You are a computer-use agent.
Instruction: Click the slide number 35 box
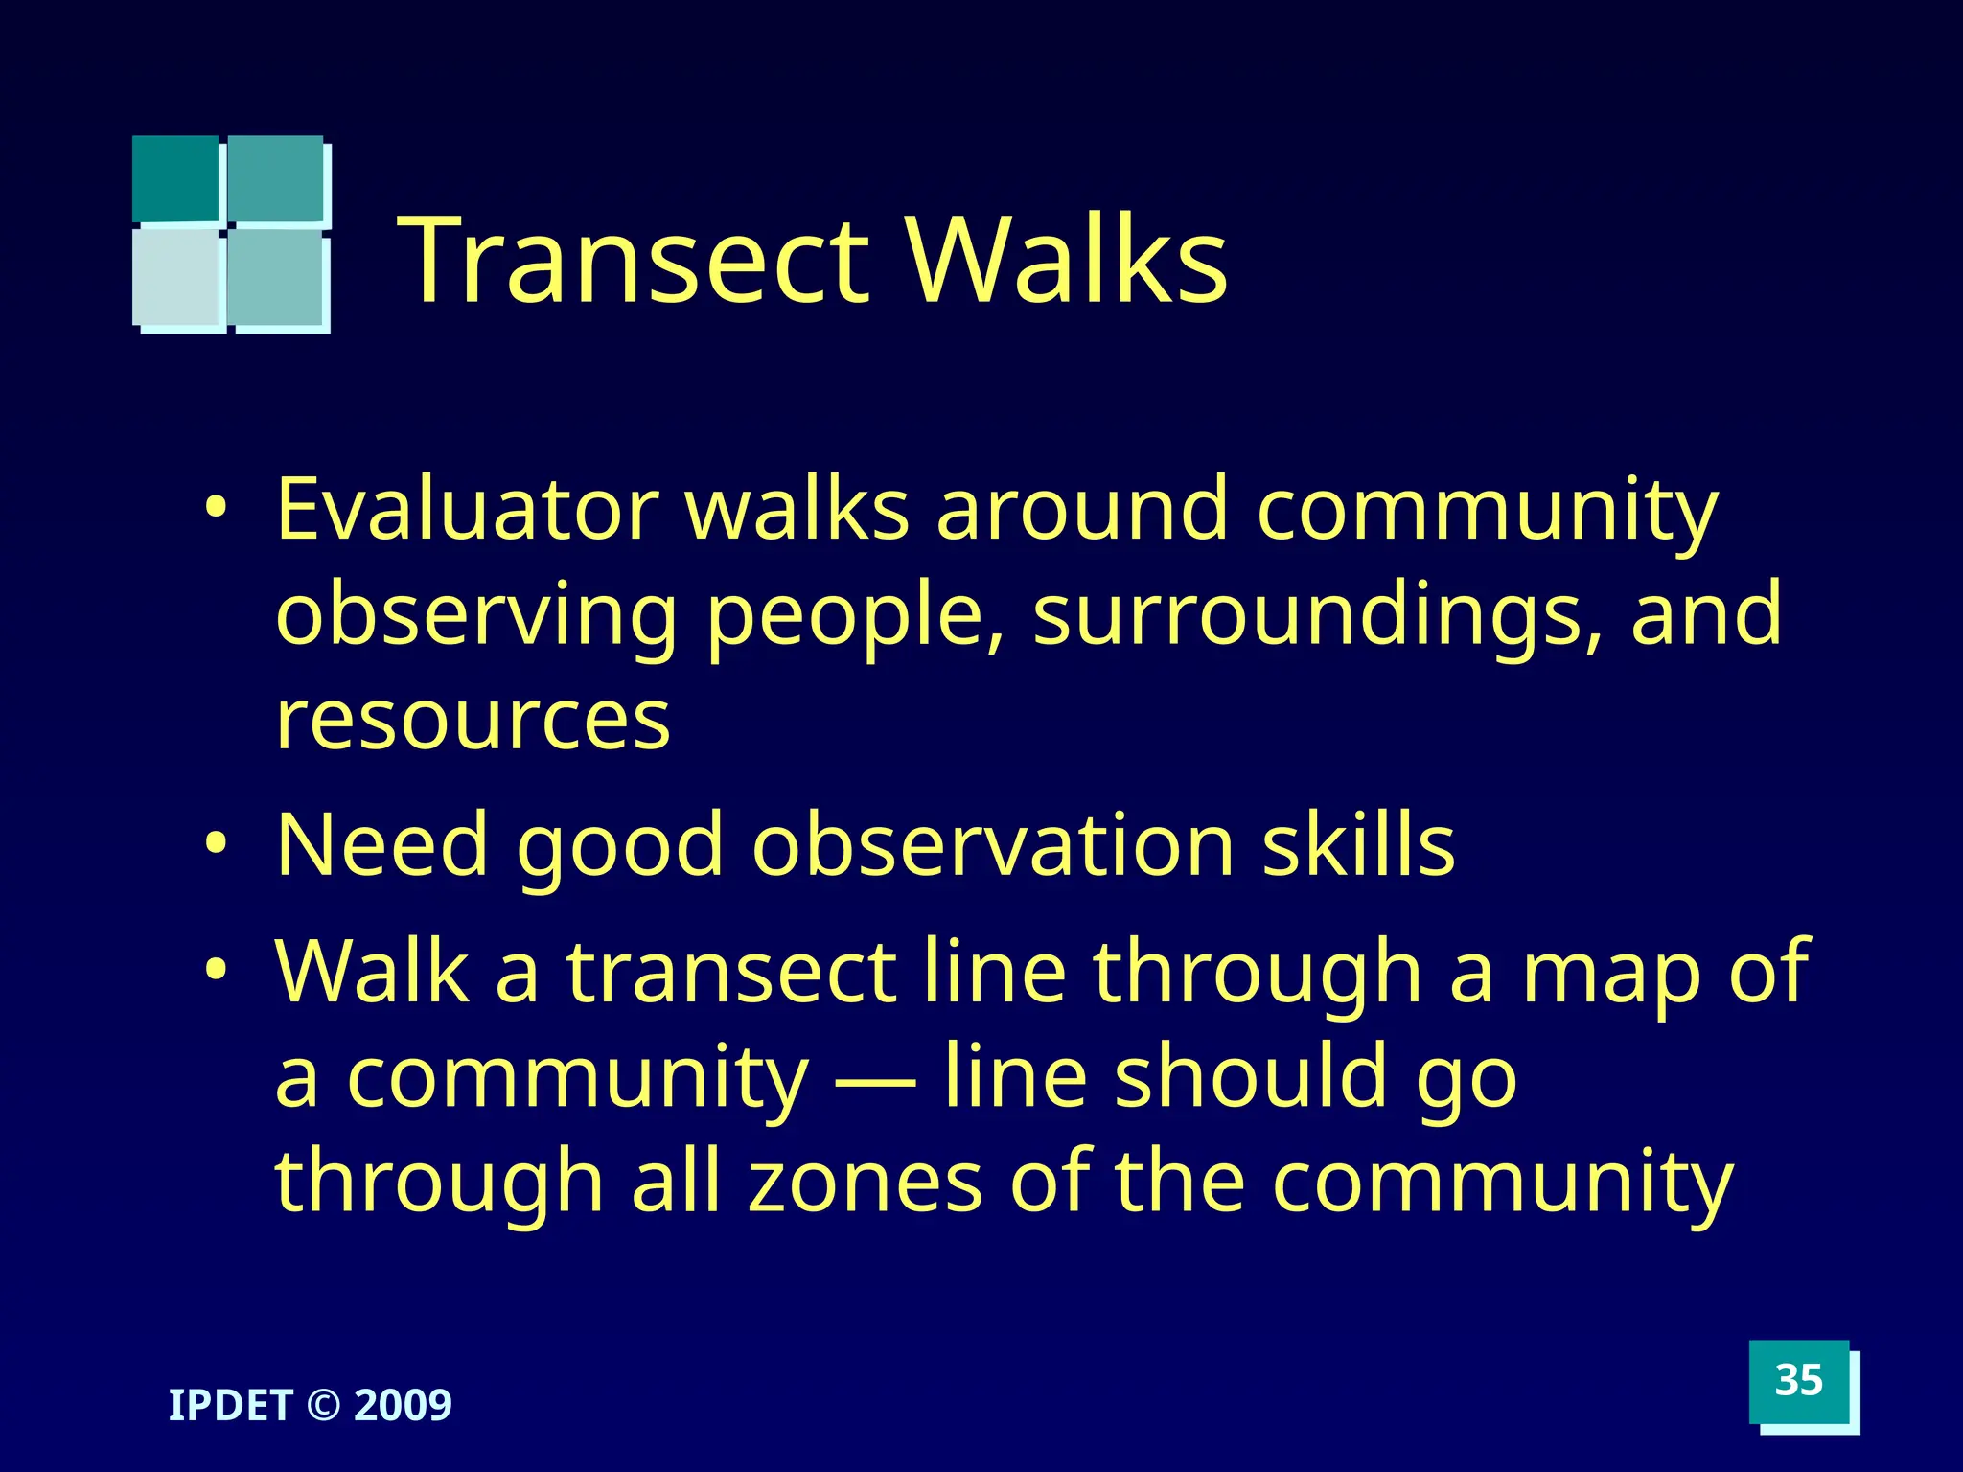(1798, 1381)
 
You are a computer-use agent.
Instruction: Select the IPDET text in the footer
(230, 1406)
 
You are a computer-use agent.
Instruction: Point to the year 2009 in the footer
(403, 1406)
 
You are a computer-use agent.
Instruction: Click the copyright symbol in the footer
(323, 1406)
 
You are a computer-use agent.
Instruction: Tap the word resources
(473, 721)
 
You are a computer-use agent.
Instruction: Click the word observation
(993, 845)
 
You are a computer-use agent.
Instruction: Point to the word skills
(1358, 845)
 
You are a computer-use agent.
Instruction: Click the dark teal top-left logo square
(175, 178)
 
